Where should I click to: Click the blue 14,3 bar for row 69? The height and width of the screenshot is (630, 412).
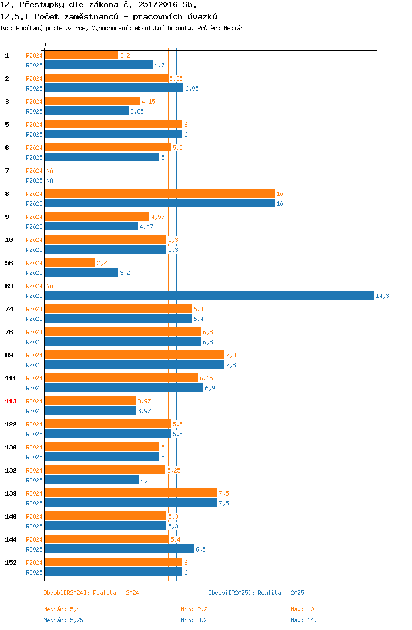209,295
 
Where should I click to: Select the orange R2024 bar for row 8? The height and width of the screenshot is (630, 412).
159,193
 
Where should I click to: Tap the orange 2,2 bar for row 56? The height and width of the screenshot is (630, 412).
70,262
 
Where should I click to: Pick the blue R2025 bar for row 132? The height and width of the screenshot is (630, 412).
92,480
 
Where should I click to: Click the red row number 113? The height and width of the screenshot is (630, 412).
11,401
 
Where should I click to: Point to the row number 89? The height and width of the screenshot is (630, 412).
9,355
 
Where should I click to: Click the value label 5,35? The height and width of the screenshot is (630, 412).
176,78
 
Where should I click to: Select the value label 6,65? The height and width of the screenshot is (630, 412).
206,378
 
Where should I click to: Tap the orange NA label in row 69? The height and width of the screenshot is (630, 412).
49,286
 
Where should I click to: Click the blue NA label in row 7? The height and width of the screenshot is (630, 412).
49,181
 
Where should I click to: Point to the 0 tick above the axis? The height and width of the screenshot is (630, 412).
44,44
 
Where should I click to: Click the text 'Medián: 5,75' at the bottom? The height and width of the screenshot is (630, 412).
64,620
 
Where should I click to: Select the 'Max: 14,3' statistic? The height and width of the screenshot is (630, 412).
306,620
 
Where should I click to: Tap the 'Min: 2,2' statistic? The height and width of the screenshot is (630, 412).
194,609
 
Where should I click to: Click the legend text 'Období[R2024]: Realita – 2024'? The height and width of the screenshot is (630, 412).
91,593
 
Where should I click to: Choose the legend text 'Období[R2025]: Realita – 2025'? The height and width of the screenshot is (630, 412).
257,593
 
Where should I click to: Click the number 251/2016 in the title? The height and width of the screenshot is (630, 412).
158,5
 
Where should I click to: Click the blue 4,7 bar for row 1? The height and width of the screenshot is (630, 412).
98,65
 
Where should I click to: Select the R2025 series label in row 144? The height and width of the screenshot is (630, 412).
34,549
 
